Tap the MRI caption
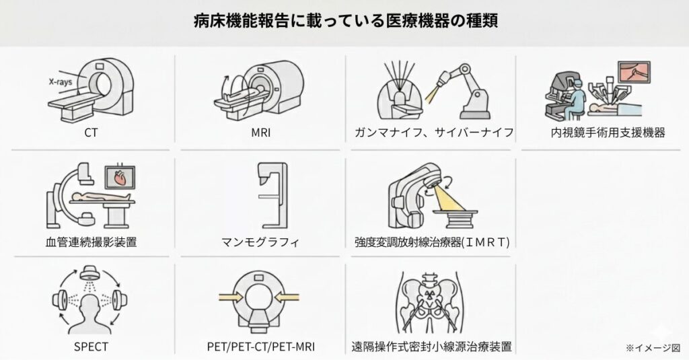[x=260, y=133]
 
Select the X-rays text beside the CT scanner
[x=61, y=81]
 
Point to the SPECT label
[x=91, y=347]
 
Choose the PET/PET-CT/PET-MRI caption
[x=260, y=347]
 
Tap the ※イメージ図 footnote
[x=652, y=347]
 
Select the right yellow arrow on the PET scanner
[x=290, y=297]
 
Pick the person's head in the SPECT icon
[x=90, y=305]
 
